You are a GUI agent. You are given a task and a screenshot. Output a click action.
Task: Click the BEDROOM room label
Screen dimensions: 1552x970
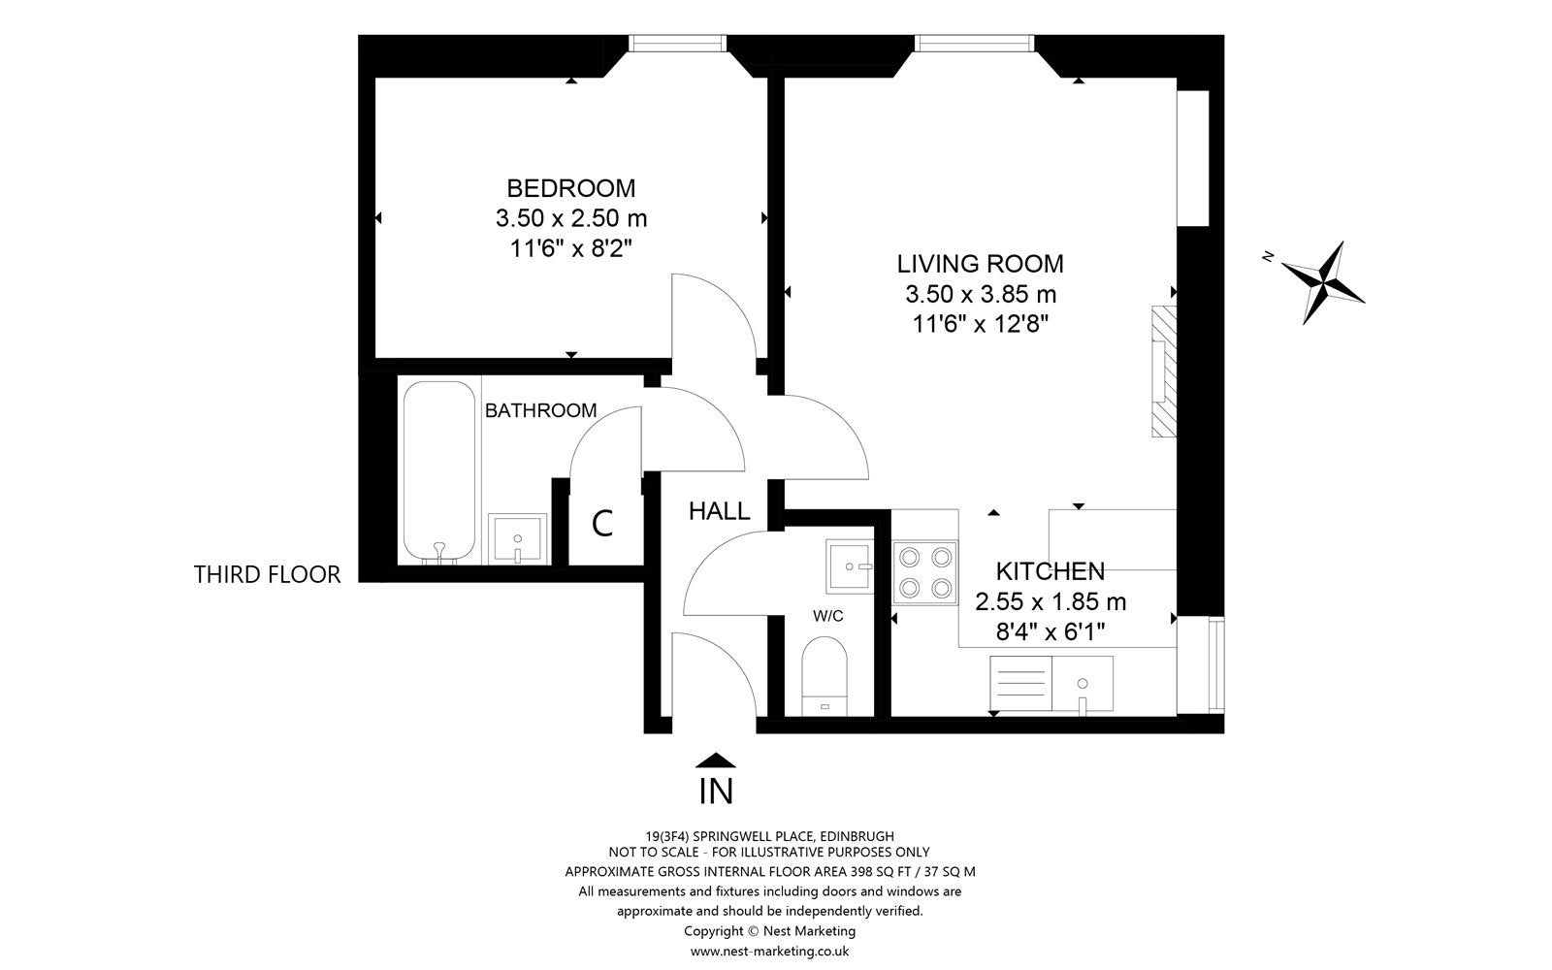click(571, 188)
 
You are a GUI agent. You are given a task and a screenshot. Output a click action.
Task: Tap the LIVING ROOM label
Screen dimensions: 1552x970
click(981, 264)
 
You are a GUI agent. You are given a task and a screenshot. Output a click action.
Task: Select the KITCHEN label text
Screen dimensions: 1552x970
click(1051, 571)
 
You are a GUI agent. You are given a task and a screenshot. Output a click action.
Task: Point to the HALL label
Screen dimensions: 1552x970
click(719, 511)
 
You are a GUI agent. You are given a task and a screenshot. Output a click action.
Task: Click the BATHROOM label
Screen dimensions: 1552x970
click(540, 411)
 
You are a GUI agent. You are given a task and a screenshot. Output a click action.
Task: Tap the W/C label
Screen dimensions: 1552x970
click(828, 615)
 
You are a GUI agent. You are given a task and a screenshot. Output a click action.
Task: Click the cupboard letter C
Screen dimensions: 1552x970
click(602, 523)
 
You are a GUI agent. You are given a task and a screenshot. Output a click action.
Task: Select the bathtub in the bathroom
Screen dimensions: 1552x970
click(439, 471)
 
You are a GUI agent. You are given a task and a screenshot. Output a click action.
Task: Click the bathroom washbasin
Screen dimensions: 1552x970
click(518, 538)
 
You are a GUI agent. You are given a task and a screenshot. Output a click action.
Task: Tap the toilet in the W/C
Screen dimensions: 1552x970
click(824, 675)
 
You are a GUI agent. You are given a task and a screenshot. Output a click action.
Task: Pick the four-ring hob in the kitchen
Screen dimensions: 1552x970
click(925, 572)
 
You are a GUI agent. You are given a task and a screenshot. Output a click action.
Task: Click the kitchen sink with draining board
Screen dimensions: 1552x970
click(1051, 684)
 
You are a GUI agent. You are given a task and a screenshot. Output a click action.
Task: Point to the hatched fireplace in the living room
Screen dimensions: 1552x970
click(1164, 372)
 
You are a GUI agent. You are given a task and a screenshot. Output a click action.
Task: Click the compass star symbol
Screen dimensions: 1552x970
click(1323, 282)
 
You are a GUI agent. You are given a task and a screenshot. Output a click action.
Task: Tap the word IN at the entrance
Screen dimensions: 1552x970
click(716, 792)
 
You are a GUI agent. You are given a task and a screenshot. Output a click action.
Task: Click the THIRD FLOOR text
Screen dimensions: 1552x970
click(267, 575)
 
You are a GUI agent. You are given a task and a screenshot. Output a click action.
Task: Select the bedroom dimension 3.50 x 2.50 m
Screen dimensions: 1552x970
click(571, 218)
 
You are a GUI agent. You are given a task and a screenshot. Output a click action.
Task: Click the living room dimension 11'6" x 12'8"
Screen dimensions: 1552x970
click(981, 324)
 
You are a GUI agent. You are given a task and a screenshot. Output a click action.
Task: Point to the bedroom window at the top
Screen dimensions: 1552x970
click(678, 43)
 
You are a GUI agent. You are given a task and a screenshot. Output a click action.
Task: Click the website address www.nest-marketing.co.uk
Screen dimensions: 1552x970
click(770, 952)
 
